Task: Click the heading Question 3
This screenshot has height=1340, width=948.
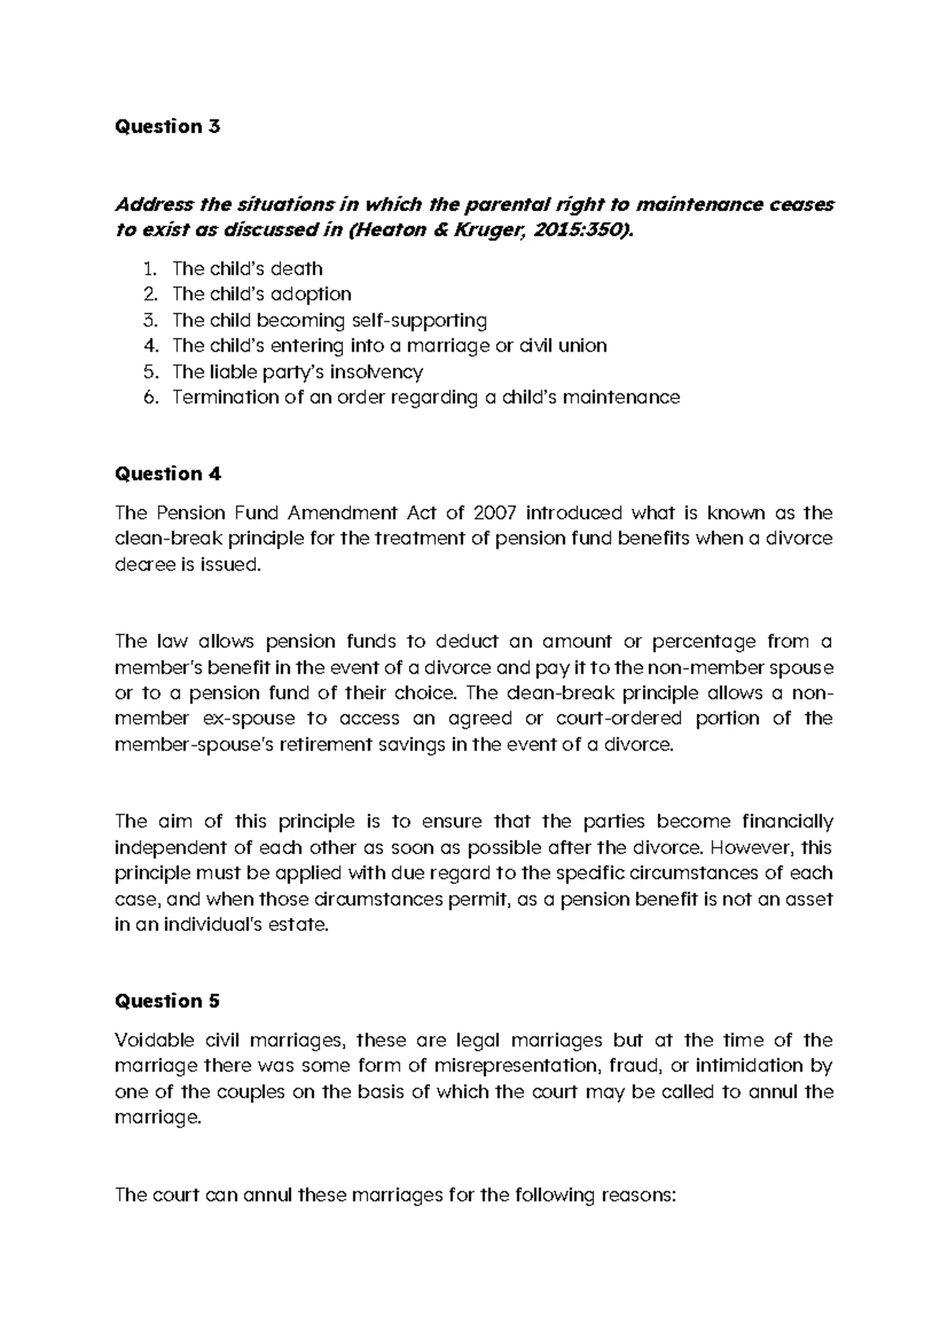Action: tap(167, 126)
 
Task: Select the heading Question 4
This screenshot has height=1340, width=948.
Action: tap(168, 474)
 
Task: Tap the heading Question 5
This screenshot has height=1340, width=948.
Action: tap(167, 1001)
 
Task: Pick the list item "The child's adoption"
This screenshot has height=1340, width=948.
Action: tap(261, 294)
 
